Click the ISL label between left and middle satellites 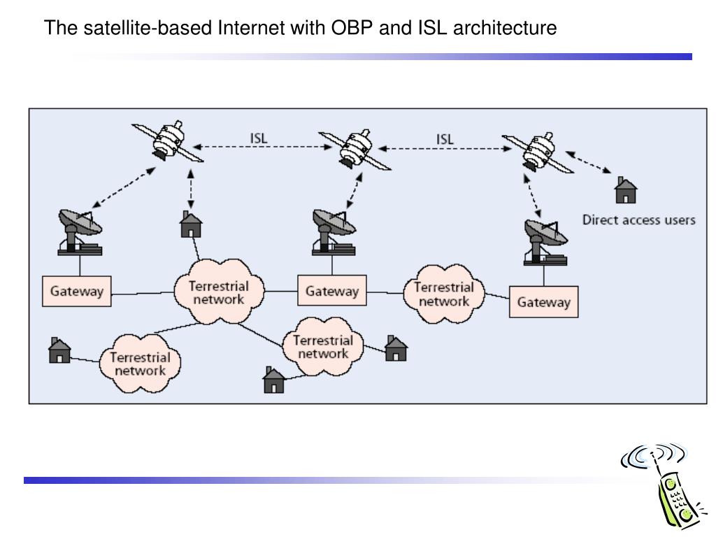(x=259, y=137)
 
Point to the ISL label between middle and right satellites (x=445, y=138)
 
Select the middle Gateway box (x=331, y=291)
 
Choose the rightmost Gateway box (x=543, y=302)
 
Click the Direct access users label (x=638, y=220)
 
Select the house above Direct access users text (x=625, y=189)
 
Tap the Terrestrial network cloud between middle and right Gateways (x=443, y=293)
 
